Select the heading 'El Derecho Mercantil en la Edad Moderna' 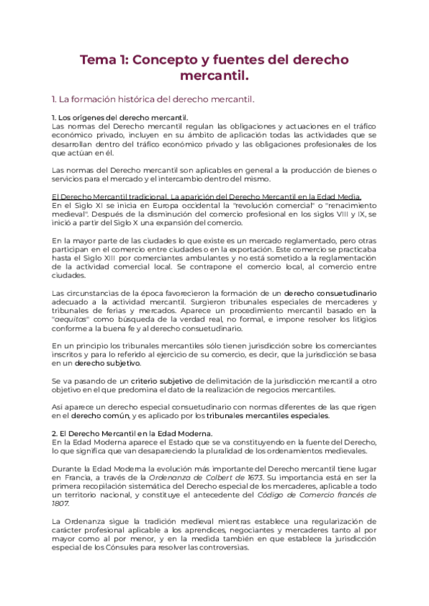135,433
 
